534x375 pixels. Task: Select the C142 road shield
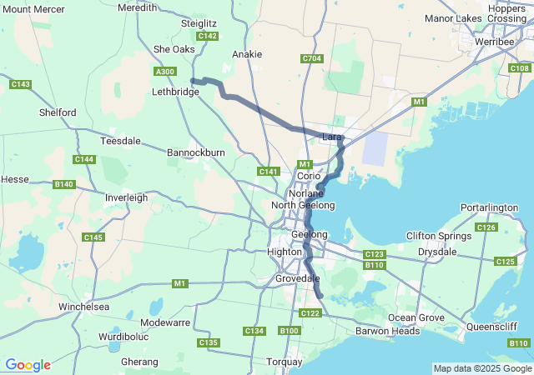(x=208, y=36)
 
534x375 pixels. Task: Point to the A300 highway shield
(x=165, y=72)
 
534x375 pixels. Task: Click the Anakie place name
(x=247, y=54)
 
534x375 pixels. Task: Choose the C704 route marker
(x=311, y=58)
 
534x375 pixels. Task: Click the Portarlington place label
(x=489, y=207)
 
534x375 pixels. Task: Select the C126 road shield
(x=486, y=227)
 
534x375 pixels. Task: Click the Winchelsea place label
(x=83, y=307)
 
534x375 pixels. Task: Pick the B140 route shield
(x=63, y=184)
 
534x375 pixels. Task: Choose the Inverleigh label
(x=126, y=197)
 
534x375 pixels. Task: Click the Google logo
(x=28, y=365)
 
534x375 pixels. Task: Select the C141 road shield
(x=268, y=172)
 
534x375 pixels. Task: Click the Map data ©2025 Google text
(x=481, y=368)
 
